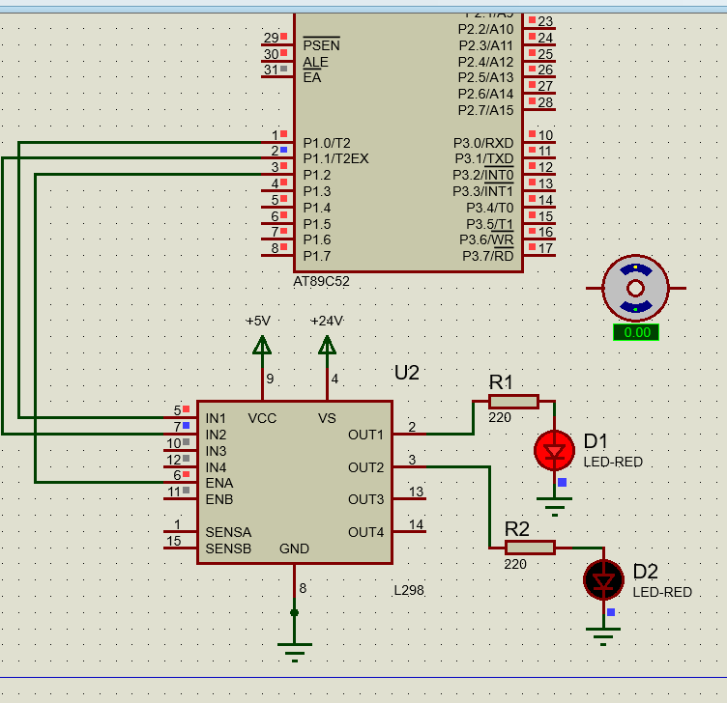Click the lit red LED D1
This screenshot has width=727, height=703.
[555, 449]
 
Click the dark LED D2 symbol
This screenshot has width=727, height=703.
[604, 579]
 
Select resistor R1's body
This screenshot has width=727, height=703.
[512, 401]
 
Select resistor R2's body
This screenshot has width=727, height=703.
[530, 548]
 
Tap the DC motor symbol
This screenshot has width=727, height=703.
[635, 288]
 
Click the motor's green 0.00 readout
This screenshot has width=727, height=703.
[635, 332]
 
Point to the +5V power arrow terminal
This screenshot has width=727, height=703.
[262, 345]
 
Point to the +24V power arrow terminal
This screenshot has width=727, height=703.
[327, 345]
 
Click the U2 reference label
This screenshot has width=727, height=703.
[406, 373]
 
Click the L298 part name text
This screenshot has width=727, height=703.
[409, 590]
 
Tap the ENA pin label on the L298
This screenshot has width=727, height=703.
[218, 483]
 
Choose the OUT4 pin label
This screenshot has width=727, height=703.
[365, 532]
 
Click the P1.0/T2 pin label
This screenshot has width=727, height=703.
[327, 142]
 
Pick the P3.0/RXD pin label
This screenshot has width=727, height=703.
[483, 142]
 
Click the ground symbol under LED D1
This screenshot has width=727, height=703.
[555, 503]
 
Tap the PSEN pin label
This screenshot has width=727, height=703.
[321, 45]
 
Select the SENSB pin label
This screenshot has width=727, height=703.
[228, 548]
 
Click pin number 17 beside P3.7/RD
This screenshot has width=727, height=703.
[545, 248]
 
